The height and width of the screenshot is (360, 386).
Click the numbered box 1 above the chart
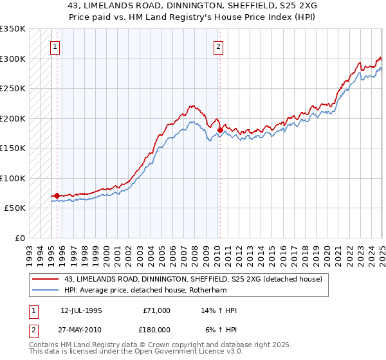pos(55,46)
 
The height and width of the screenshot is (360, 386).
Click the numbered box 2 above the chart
pos(219,46)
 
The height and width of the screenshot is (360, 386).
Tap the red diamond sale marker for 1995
pos(57,195)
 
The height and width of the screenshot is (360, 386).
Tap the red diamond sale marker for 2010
pos(220,130)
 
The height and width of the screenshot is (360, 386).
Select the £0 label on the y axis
pos(19,238)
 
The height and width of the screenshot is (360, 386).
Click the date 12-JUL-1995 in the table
pos(81,310)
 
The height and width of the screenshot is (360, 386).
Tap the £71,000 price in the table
pos(156,310)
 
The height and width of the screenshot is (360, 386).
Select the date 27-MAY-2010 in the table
pos(82,329)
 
